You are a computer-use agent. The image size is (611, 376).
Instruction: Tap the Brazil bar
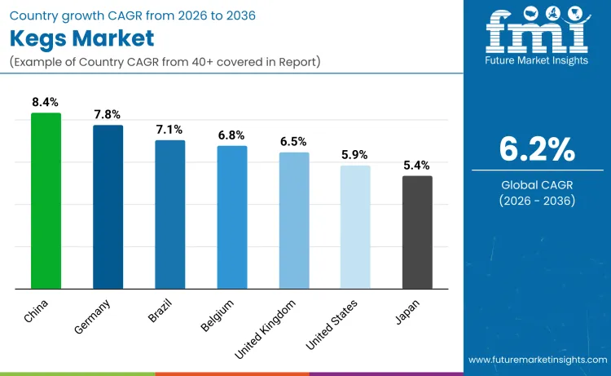point(169,215)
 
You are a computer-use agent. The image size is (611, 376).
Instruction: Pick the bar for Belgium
point(231,217)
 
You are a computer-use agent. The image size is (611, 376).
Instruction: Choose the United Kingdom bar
point(294,220)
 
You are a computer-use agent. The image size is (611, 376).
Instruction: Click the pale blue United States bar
point(355,227)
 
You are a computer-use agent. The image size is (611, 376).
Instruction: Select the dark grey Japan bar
point(417,232)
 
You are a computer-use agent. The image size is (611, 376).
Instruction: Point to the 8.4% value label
point(46,103)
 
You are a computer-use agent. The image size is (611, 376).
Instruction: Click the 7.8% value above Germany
point(108,115)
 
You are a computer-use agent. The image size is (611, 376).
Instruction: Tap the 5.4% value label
point(417,166)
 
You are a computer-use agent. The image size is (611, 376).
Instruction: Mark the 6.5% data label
point(294,142)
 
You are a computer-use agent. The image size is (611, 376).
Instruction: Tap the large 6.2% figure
point(537,149)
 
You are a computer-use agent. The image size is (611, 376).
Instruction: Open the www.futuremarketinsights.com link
point(537,360)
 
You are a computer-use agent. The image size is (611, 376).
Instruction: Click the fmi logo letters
point(537,33)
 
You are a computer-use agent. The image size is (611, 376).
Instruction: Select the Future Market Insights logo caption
point(537,60)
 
